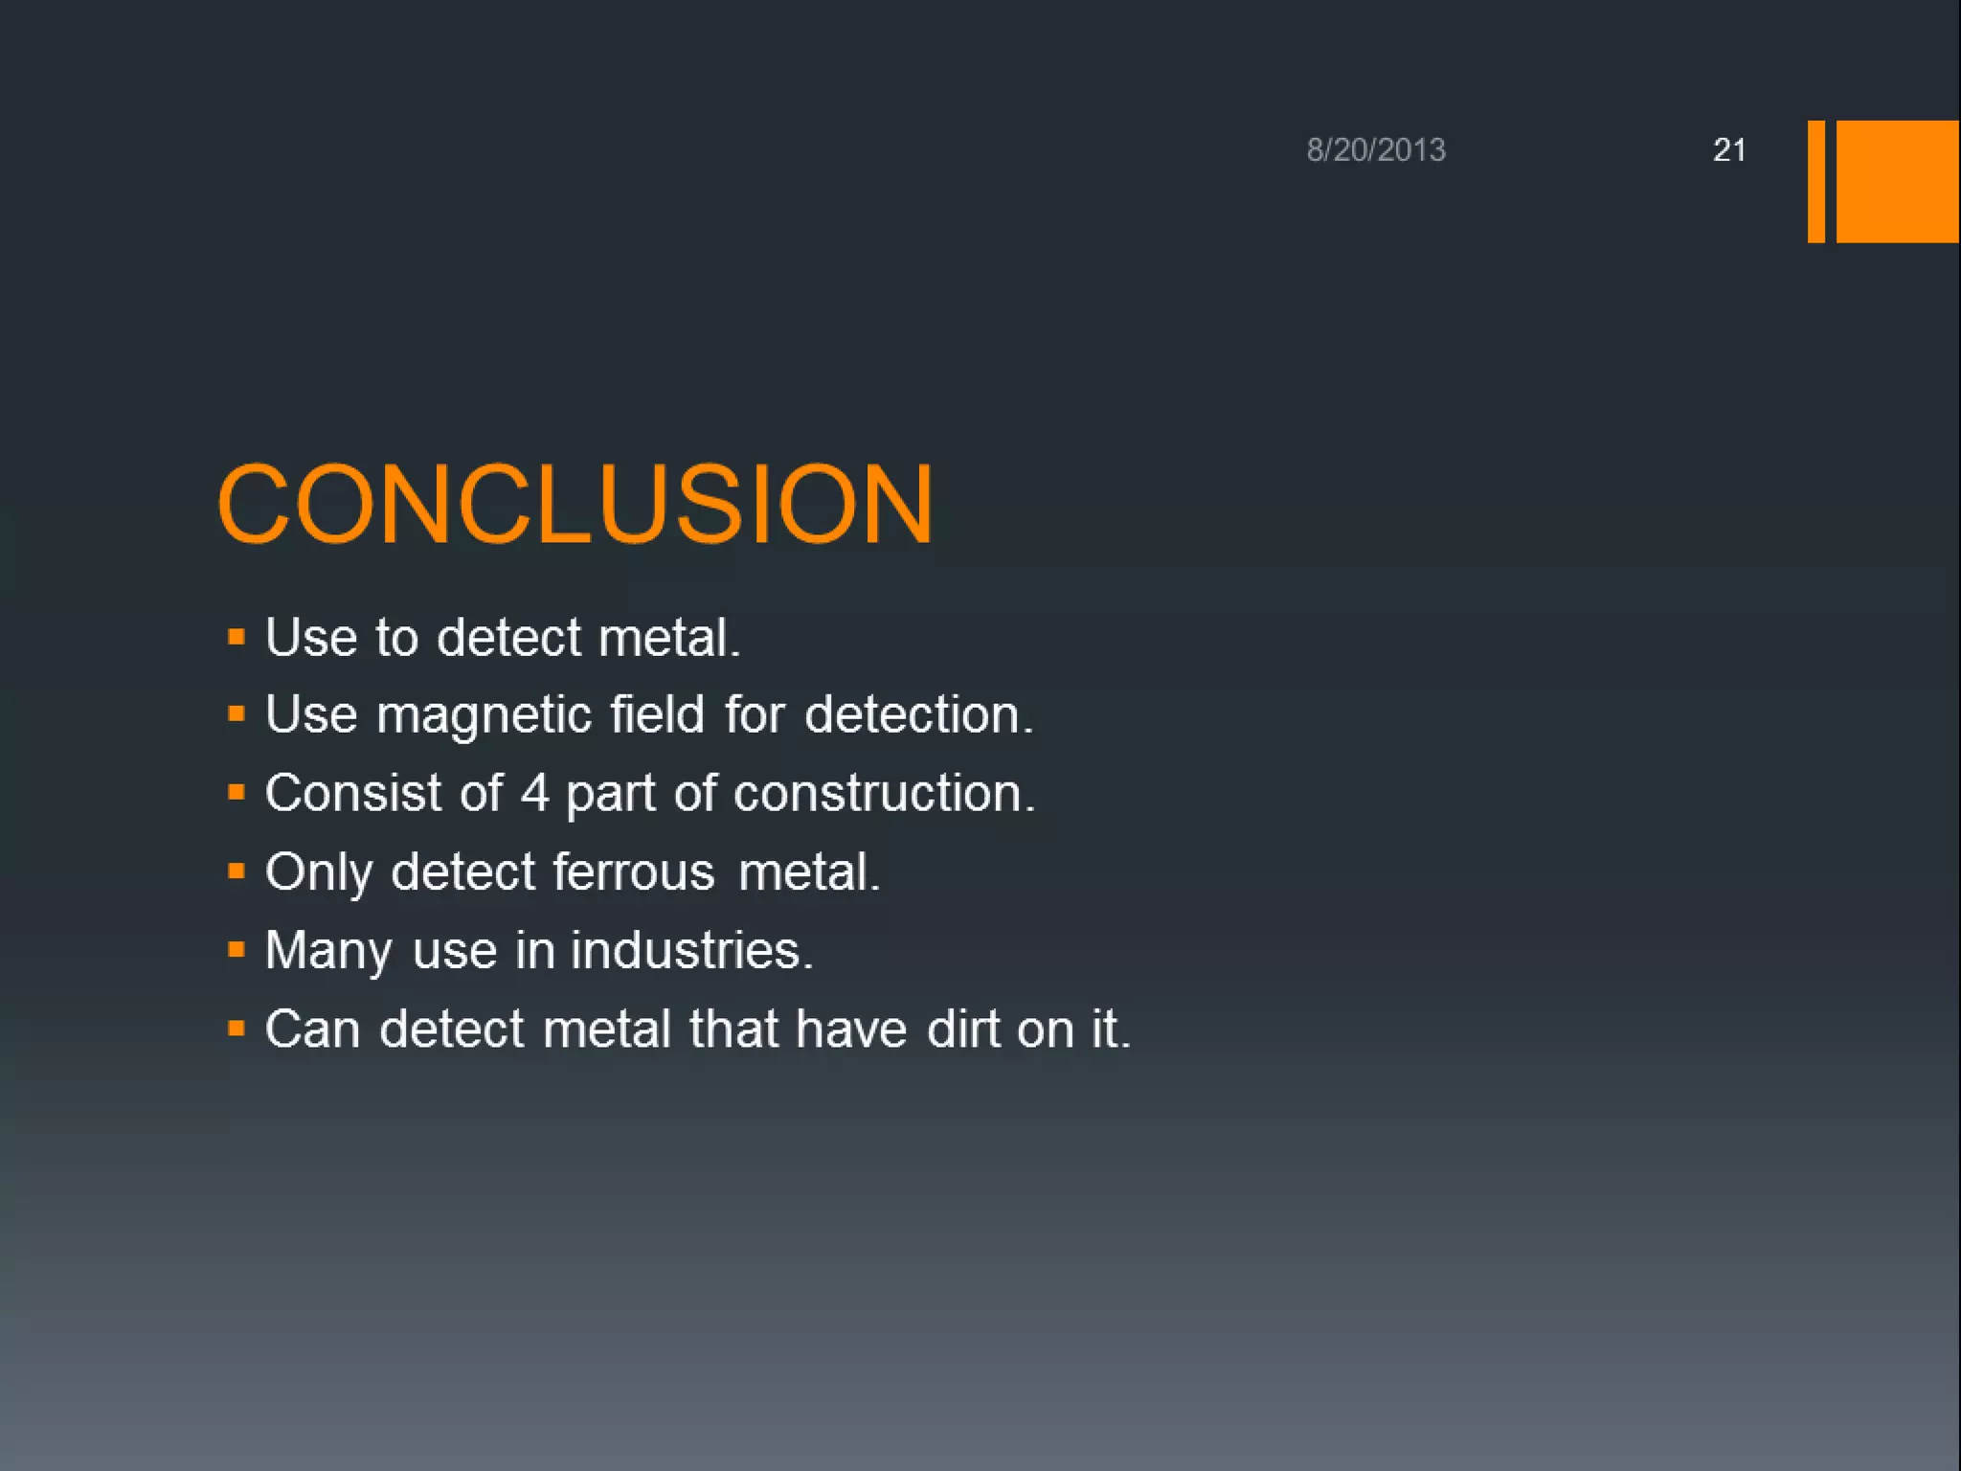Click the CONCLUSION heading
point(575,505)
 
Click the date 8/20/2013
point(1376,150)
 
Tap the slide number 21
point(1728,150)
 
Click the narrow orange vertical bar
point(1815,181)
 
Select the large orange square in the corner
point(1897,181)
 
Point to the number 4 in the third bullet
point(534,794)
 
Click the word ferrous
point(633,872)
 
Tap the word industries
point(691,951)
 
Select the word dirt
point(962,1030)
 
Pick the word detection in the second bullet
point(917,715)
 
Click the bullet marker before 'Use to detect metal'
point(237,637)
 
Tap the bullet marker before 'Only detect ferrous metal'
point(237,871)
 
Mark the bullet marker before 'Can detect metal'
point(237,1029)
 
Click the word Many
point(327,952)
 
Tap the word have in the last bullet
point(850,1030)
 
